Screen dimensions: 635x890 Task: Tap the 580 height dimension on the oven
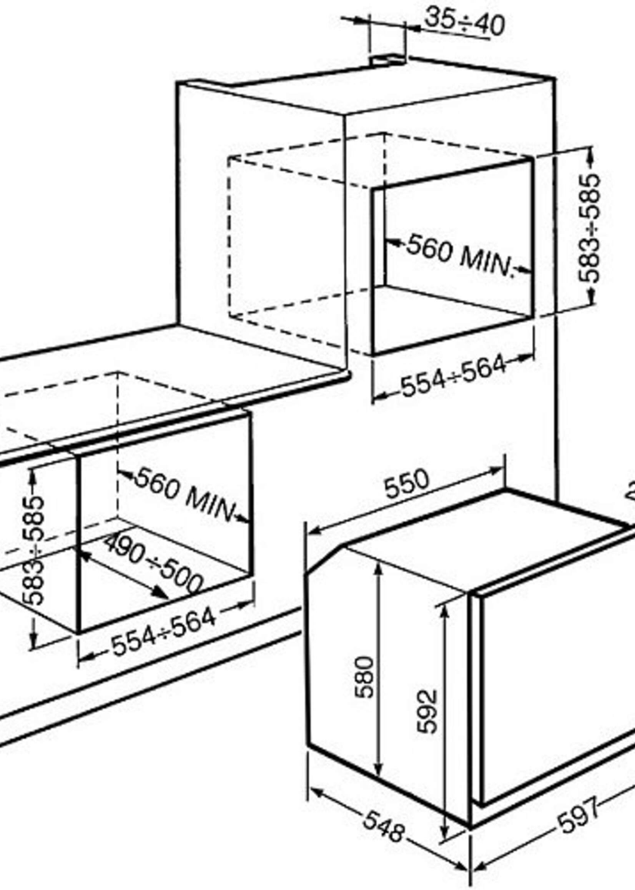(364, 677)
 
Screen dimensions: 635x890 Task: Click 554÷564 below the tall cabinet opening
(454, 376)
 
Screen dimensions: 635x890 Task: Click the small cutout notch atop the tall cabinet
(387, 60)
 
